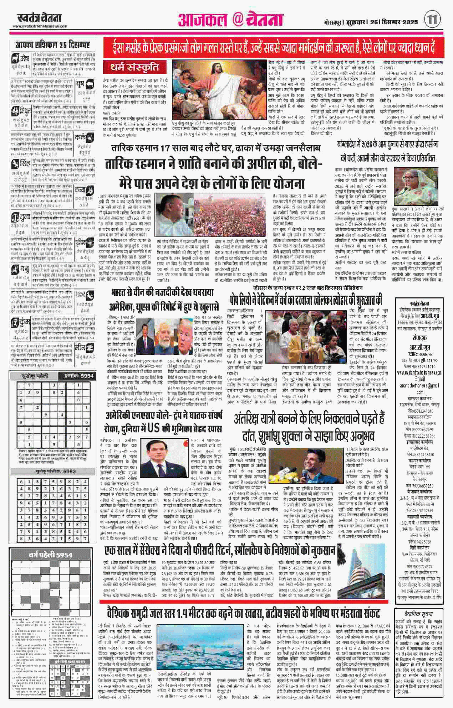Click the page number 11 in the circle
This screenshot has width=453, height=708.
(432, 19)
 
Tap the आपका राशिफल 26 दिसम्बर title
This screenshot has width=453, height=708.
(52, 45)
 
